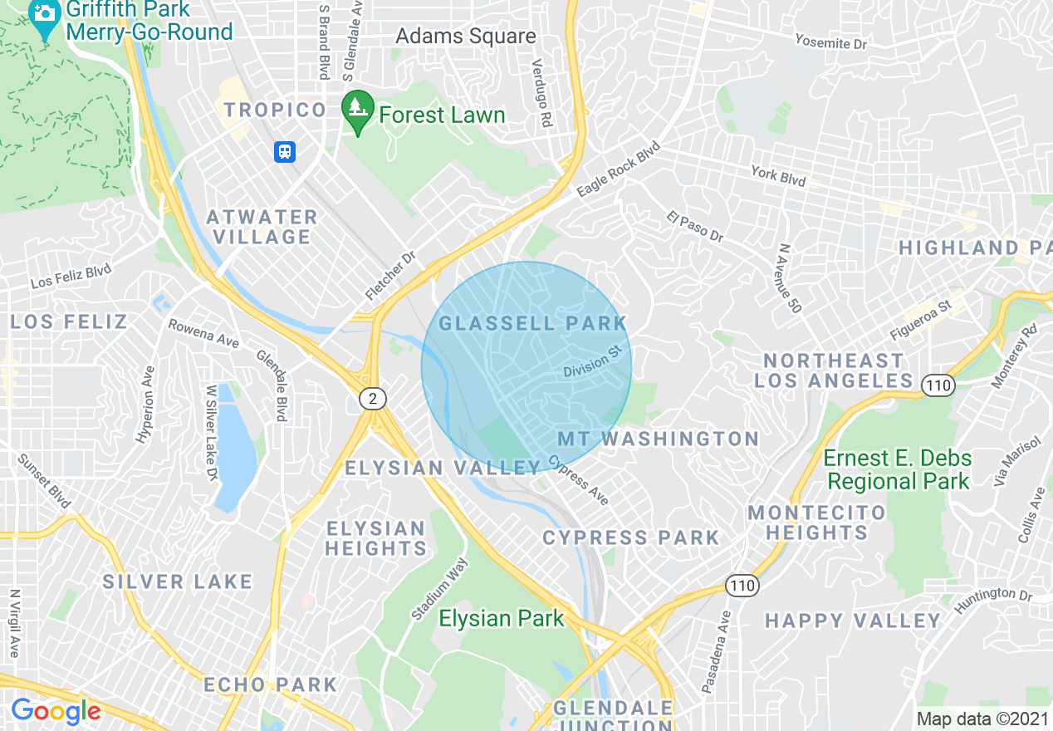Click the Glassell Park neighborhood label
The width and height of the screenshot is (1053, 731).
(532, 323)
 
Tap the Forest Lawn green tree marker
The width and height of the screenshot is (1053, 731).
(357, 111)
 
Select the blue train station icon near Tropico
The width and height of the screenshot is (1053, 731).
(285, 152)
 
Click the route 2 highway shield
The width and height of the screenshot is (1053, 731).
(373, 400)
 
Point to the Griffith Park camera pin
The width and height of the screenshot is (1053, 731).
(44, 18)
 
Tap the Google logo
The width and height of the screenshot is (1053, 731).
(56, 711)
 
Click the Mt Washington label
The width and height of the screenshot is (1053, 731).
(658, 439)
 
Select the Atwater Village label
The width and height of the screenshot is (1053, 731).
(262, 227)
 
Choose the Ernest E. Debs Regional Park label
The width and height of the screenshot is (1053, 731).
(897, 469)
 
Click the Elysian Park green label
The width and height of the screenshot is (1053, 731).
(501, 618)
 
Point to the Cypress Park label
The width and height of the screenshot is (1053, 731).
(630, 537)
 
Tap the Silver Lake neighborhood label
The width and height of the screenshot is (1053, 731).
(177, 581)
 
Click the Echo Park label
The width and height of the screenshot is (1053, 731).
(271, 685)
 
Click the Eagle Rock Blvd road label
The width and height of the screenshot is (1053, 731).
(618, 169)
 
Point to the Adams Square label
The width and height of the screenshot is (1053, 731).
(466, 37)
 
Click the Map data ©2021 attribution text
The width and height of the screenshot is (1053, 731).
(982, 719)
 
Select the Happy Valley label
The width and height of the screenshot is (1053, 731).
(852, 621)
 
